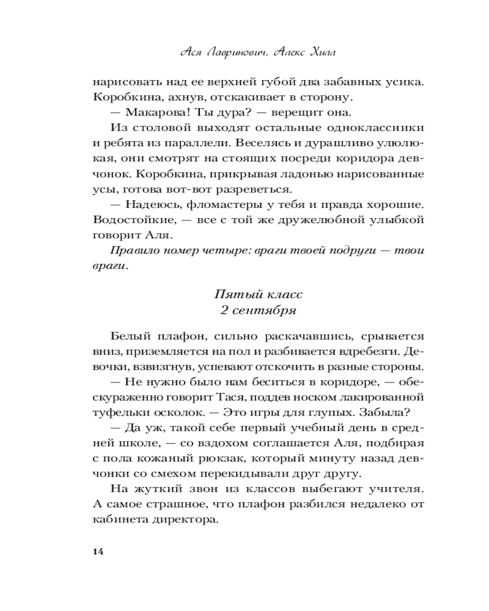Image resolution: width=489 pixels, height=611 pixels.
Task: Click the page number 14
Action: tap(97, 552)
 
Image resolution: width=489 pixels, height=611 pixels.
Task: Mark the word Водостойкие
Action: tap(127, 218)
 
